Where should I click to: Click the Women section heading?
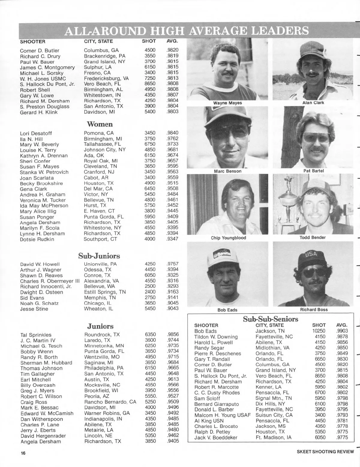tap(100, 124)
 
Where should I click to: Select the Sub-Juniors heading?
tap(99, 256)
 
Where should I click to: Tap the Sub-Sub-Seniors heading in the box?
tap(270, 319)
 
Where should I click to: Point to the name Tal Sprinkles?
tap(36, 335)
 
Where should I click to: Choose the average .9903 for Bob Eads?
tap(342, 331)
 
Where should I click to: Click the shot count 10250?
tap(319, 331)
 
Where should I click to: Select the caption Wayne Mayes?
tap(227, 103)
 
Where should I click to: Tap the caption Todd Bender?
tap(312, 238)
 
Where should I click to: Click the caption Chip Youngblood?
tap(228, 238)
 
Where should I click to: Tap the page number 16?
tap(23, 453)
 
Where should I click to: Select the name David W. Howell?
tap(40, 264)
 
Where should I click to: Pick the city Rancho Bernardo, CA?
tap(110, 402)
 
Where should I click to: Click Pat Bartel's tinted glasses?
tap(315, 138)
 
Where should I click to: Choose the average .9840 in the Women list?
tap(172, 133)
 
